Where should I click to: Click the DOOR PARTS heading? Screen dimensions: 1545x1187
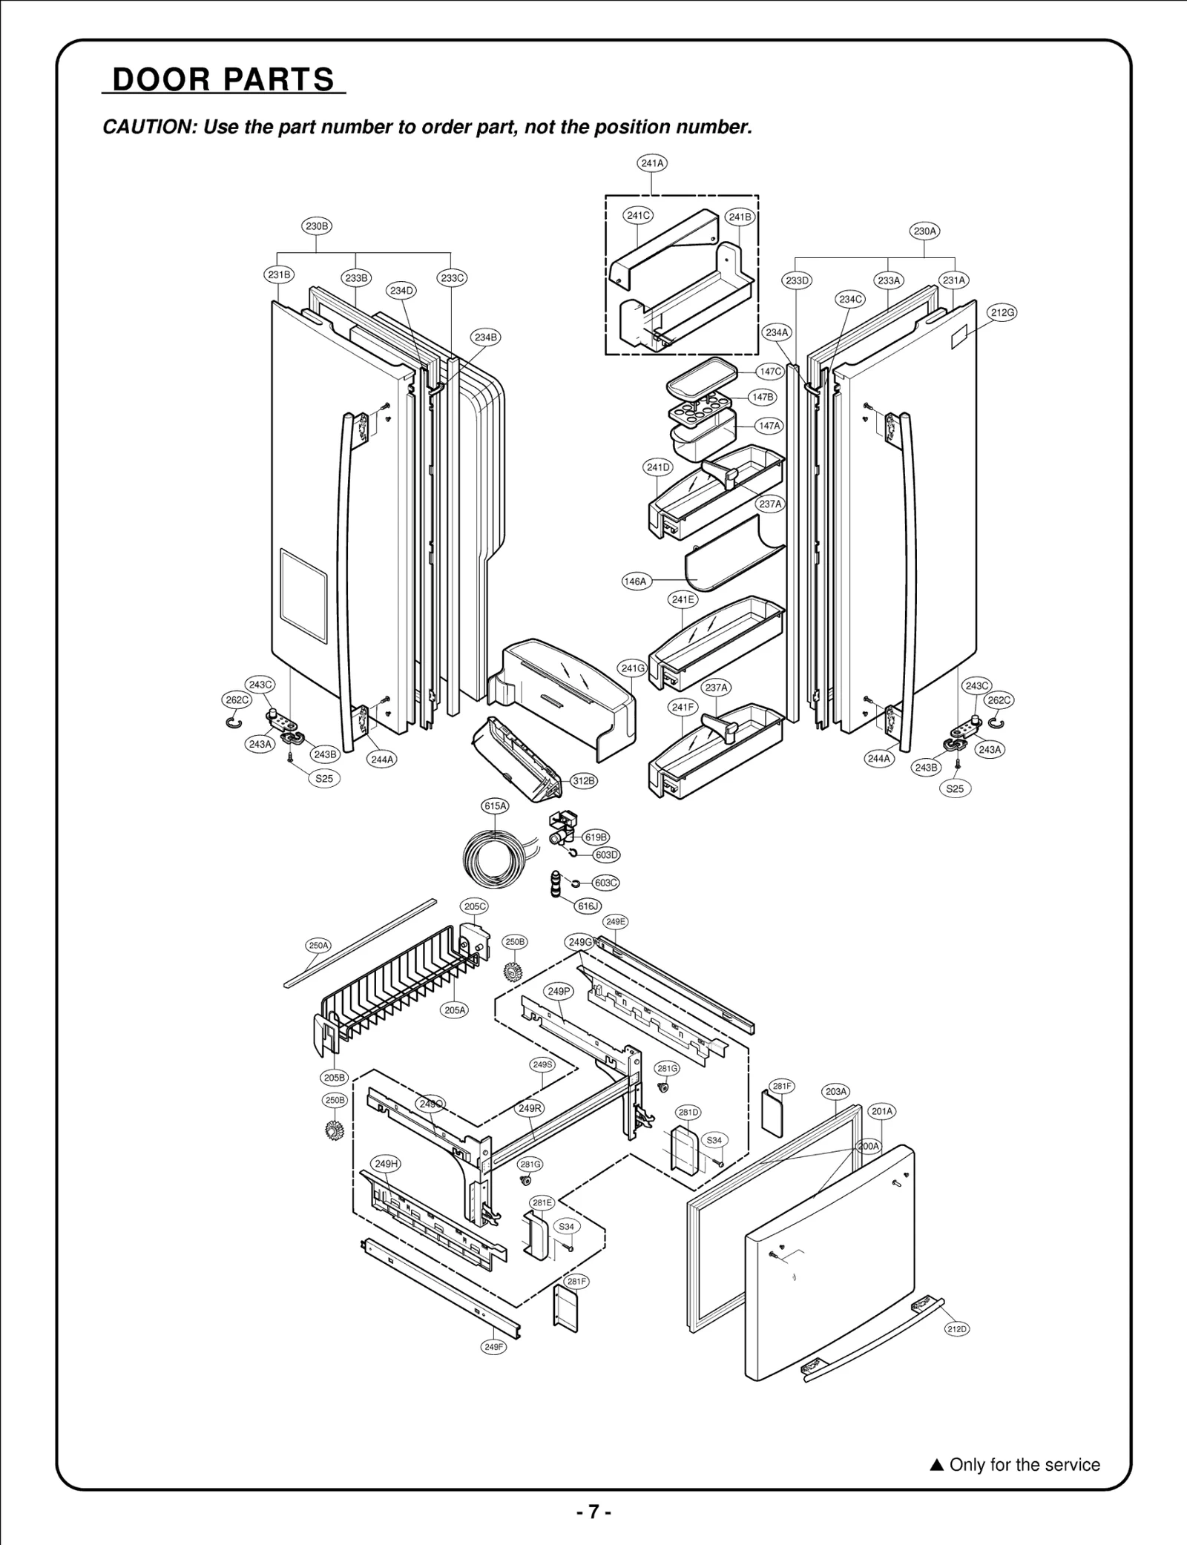click(223, 79)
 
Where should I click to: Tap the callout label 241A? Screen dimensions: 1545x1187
click(652, 162)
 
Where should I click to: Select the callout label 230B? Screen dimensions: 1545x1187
click(317, 225)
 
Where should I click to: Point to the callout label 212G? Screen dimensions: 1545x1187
click(1002, 312)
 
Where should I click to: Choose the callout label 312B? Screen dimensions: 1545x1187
click(584, 780)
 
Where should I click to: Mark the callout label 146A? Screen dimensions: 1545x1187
click(635, 582)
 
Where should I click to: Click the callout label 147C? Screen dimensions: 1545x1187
click(770, 371)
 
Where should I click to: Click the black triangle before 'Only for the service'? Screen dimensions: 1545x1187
click(936, 1465)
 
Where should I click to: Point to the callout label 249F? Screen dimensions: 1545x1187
click(494, 1347)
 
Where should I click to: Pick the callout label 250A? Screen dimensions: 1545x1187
click(319, 945)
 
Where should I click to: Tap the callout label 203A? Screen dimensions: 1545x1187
click(836, 1091)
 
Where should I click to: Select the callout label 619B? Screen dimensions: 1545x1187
click(596, 837)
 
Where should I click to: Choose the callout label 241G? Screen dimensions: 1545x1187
click(633, 668)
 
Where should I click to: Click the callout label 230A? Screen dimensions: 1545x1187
click(924, 231)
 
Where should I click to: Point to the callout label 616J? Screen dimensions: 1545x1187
click(588, 906)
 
